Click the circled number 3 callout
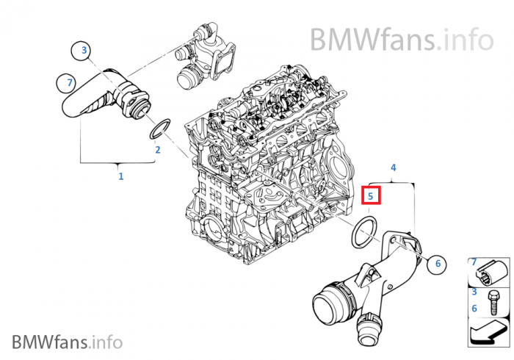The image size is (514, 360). click(x=84, y=50)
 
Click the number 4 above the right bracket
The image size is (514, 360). click(x=393, y=168)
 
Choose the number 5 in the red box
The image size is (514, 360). click(x=372, y=196)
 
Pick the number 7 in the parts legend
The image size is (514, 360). click(x=474, y=262)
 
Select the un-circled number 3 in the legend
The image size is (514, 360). click(x=474, y=292)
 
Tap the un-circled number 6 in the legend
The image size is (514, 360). click(x=474, y=309)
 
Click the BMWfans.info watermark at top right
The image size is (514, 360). click(x=401, y=36)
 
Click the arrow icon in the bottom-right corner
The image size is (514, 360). click(x=488, y=332)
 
